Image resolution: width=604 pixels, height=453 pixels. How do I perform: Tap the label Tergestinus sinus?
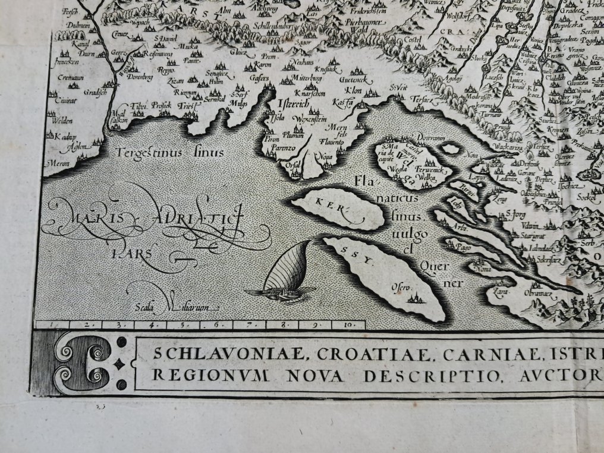click(x=169, y=153)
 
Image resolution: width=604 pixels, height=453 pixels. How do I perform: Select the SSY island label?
click(x=358, y=257)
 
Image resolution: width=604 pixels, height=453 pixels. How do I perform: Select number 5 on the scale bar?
click(x=184, y=325)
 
